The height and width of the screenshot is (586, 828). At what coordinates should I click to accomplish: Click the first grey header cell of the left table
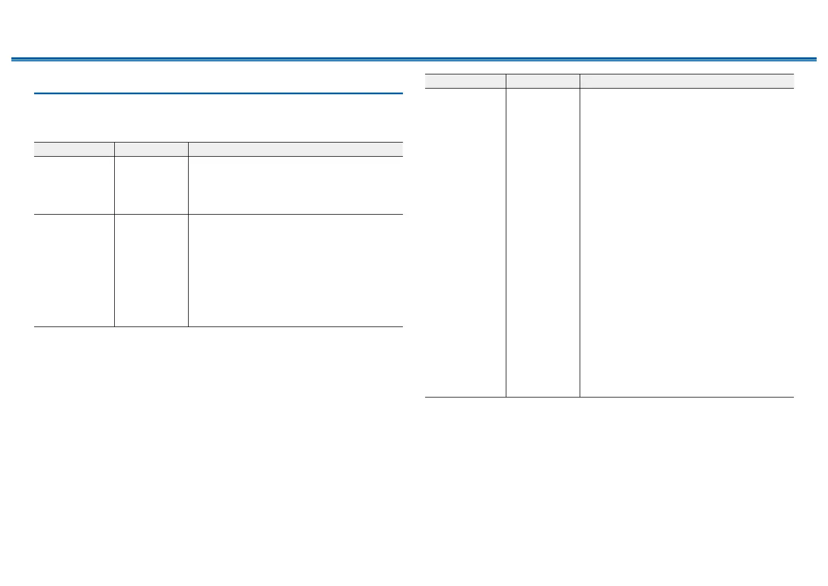tap(74, 149)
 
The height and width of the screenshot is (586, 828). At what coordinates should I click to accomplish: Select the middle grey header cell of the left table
tap(151, 149)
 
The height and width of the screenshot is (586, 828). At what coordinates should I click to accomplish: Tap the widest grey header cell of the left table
tap(296, 149)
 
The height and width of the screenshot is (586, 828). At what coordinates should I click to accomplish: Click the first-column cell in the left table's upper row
tap(74, 185)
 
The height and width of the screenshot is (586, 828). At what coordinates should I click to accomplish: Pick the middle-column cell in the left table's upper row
tap(151, 185)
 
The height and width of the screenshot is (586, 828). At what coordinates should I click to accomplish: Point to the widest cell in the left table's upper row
tap(296, 185)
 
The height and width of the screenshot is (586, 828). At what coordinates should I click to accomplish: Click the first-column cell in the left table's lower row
tap(74, 270)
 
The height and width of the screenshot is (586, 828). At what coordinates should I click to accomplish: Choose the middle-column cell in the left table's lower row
tap(151, 270)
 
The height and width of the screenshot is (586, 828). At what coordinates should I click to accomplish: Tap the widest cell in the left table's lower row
tap(296, 270)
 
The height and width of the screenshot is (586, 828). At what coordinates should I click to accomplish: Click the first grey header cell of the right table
tap(465, 81)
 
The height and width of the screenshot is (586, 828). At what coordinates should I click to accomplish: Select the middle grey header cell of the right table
tap(543, 81)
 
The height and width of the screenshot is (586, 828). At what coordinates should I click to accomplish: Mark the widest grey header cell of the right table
tap(686, 81)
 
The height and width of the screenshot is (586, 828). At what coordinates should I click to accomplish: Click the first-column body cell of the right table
tap(465, 242)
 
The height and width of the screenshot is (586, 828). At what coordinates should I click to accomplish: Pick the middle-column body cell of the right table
tap(543, 242)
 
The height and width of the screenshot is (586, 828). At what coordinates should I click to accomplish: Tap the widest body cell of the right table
tap(686, 242)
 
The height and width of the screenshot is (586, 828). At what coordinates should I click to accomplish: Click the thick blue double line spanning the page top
tap(414, 59)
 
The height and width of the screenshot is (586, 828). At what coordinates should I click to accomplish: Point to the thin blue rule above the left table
tap(218, 93)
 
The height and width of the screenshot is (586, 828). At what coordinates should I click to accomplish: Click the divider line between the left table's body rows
tap(218, 214)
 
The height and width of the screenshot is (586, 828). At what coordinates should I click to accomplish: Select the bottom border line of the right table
tap(609, 397)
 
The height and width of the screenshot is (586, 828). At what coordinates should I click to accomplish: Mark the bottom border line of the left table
tap(218, 327)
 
